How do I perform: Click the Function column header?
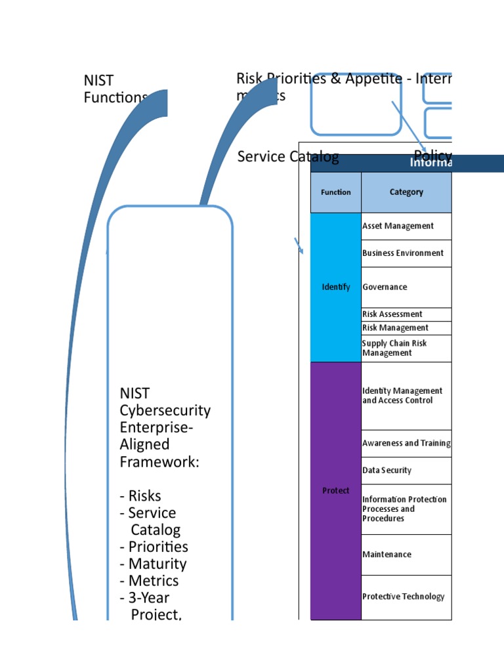(x=335, y=192)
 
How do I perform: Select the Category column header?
(x=406, y=192)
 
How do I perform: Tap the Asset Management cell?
(x=398, y=226)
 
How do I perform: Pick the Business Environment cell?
(x=403, y=253)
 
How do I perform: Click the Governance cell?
(x=385, y=287)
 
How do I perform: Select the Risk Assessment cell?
(x=392, y=314)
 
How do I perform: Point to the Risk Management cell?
(x=395, y=327)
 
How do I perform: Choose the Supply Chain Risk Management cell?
(x=394, y=348)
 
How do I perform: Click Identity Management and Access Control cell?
(x=402, y=396)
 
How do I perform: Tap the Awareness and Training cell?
(x=406, y=443)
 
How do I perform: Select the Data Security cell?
(x=387, y=471)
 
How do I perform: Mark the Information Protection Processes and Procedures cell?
(x=404, y=509)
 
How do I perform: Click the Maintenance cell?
(x=387, y=555)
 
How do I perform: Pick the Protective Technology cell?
(x=404, y=597)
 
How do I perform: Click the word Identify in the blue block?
(x=336, y=287)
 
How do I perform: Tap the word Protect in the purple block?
(x=336, y=490)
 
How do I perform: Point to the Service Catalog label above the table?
(x=288, y=156)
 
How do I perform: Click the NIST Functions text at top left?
(x=115, y=89)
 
